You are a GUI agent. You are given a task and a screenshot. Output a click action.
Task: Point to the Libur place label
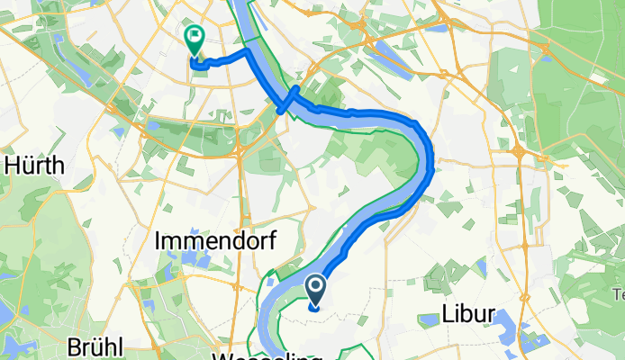point(469,314)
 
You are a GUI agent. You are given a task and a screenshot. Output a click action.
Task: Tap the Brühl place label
point(95,347)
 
